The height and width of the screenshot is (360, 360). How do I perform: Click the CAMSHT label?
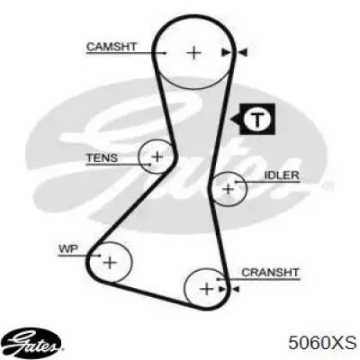pyautogui.click(x=112, y=47)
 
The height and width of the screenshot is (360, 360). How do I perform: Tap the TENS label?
pyautogui.click(x=102, y=157)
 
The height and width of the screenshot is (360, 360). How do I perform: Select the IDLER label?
pyautogui.click(x=282, y=175)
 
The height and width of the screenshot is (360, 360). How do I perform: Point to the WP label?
pyautogui.click(x=68, y=248)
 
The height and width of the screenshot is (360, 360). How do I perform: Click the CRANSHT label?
pyautogui.click(x=270, y=273)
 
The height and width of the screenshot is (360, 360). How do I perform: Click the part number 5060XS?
pyautogui.click(x=322, y=342)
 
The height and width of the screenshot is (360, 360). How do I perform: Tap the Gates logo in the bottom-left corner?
pyautogui.click(x=34, y=342)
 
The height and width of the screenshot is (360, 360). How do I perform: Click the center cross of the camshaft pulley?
pyautogui.click(x=194, y=53)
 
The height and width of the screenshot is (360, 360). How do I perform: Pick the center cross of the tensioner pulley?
pyautogui.click(x=157, y=157)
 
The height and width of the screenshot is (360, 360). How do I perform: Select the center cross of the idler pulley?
pyautogui.click(x=229, y=189)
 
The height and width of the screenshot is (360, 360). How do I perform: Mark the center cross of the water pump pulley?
pyautogui.click(x=110, y=263)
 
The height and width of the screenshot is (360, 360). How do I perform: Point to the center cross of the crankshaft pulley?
pyautogui.click(x=206, y=289)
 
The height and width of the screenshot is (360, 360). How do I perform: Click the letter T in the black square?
pyautogui.click(x=257, y=120)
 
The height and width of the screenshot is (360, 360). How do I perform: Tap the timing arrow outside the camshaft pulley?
pyautogui.click(x=242, y=53)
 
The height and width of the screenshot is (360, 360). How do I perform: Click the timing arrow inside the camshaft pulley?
pyautogui.click(x=226, y=53)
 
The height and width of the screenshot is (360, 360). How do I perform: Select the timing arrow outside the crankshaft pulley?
pyautogui.click(x=236, y=289)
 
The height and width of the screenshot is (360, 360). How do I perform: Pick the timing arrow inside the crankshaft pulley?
pyautogui.click(x=222, y=289)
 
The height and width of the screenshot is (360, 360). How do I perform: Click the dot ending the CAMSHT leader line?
pyautogui.click(x=165, y=53)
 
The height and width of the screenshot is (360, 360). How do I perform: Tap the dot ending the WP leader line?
pyautogui.click(x=100, y=256)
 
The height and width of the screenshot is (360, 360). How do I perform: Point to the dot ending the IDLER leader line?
pyautogui.click(x=236, y=182)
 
